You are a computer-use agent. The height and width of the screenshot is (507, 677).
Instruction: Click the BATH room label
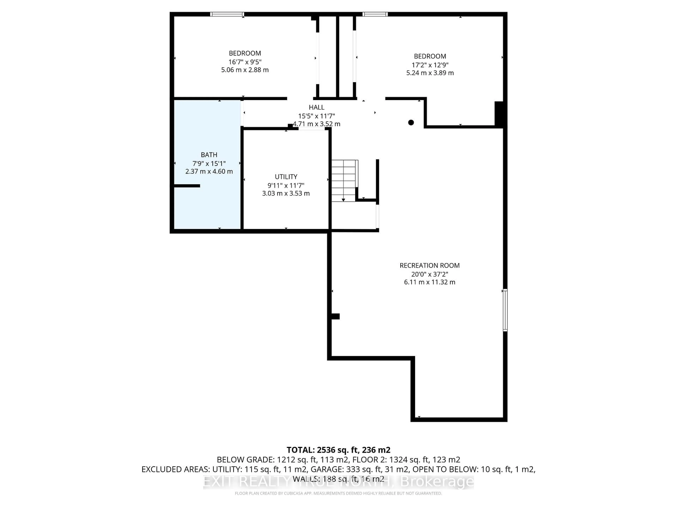click(x=209, y=155)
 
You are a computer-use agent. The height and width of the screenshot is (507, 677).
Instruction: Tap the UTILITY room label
click(x=286, y=177)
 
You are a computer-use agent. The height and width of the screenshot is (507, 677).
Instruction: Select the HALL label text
click(x=316, y=107)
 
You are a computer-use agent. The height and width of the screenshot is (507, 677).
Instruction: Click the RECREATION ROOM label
click(x=429, y=266)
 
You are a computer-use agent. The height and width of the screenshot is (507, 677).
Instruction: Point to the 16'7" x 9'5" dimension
click(x=245, y=62)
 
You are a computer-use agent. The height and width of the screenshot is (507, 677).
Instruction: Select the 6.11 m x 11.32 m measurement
click(x=429, y=282)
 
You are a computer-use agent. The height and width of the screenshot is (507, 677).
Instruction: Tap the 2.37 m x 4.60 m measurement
click(x=209, y=171)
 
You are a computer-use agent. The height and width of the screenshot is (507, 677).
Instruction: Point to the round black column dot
click(x=411, y=123)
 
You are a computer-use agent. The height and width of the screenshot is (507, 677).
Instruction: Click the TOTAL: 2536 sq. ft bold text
click(x=338, y=450)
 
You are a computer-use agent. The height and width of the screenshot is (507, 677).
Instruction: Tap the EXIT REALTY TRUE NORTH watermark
click(x=338, y=482)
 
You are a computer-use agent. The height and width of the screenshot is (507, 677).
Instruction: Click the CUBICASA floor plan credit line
click(x=338, y=493)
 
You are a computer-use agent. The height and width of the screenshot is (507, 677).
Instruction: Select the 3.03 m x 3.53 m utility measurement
click(x=286, y=193)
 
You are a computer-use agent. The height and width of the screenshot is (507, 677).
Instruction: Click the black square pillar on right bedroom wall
click(x=499, y=114)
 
